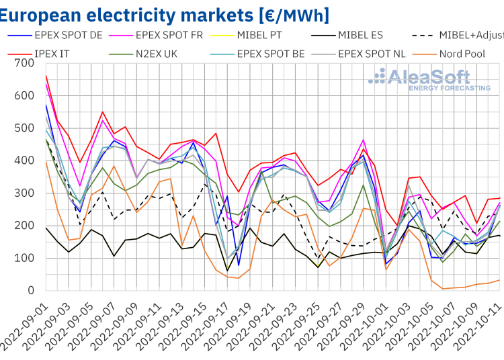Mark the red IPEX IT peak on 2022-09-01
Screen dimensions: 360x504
click(46, 95)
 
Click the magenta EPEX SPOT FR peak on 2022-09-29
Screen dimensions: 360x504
click(364, 140)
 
